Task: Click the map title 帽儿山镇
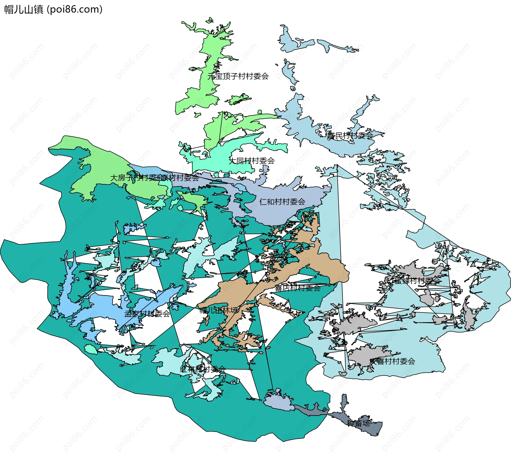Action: pyautogui.click(x=23, y=10)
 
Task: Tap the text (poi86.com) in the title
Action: pyautogui.click(x=75, y=10)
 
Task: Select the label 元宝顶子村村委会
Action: pyautogui.click(x=238, y=76)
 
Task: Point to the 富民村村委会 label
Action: pyautogui.click(x=350, y=136)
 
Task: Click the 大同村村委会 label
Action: pyautogui.click(x=252, y=161)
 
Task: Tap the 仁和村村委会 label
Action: pyautogui.click(x=282, y=202)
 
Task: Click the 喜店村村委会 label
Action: pyautogui.click(x=298, y=288)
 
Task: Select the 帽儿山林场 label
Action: pyautogui.click(x=218, y=310)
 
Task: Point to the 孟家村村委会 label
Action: pyautogui.click(x=147, y=314)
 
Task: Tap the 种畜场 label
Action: pyautogui.click(x=358, y=423)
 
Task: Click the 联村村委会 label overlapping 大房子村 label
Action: pyautogui.click(x=181, y=177)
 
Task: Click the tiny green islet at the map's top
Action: pyautogui.click(x=210, y=20)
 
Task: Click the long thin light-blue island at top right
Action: pyautogui.click(x=337, y=46)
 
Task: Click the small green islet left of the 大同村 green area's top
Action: pyautogui.click(x=197, y=115)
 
